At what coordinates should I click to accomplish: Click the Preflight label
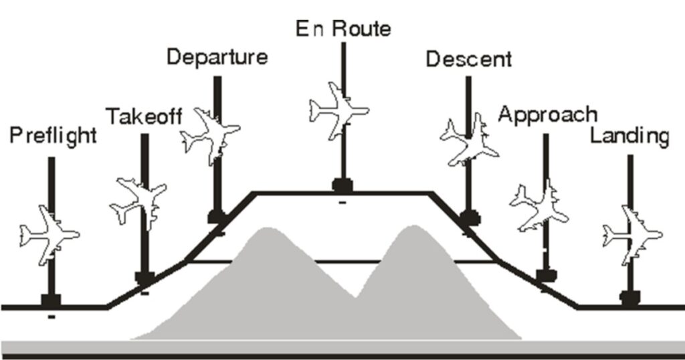click(x=53, y=135)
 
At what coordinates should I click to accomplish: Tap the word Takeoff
click(x=144, y=116)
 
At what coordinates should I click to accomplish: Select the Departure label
click(x=217, y=58)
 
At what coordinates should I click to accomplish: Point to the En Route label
click(x=343, y=29)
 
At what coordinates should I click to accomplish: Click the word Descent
click(x=469, y=59)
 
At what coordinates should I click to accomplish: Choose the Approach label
click(x=547, y=115)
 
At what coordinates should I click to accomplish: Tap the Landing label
click(x=629, y=136)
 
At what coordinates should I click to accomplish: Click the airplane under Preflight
click(x=49, y=235)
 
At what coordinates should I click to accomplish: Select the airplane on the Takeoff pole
click(x=139, y=203)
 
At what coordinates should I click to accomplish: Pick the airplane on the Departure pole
click(x=211, y=135)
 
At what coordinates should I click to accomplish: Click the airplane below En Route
click(x=339, y=110)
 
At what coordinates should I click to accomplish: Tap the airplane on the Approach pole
click(x=539, y=206)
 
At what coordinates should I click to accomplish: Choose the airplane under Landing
click(x=632, y=235)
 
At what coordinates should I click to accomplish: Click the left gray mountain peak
click(x=265, y=229)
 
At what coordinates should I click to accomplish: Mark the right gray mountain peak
click(x=413, y=227)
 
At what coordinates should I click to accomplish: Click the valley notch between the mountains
click(x=356, y=297)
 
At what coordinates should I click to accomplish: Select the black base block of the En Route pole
click(x=342, y=185)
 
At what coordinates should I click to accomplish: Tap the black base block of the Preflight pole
click(x=51, y=300)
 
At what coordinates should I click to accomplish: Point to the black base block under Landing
click(x=630, y=298)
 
